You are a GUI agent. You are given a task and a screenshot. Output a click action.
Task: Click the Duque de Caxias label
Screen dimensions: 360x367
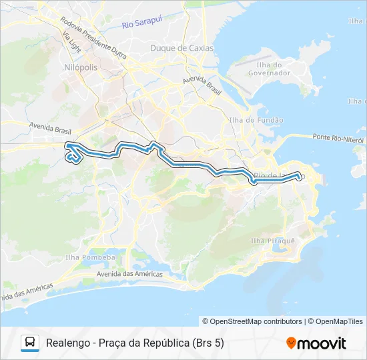click(181, 48)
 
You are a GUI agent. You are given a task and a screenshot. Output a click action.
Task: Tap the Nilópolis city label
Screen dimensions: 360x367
click(81, 68)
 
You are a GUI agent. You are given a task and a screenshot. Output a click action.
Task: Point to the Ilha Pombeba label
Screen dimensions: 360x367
click(90, 257)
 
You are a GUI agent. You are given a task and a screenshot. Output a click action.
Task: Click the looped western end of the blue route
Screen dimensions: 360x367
click(73, 157)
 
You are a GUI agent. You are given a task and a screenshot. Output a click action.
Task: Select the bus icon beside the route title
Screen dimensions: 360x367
click(31, 343)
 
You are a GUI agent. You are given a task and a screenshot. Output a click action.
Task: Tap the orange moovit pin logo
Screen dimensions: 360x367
click(291, 343)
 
